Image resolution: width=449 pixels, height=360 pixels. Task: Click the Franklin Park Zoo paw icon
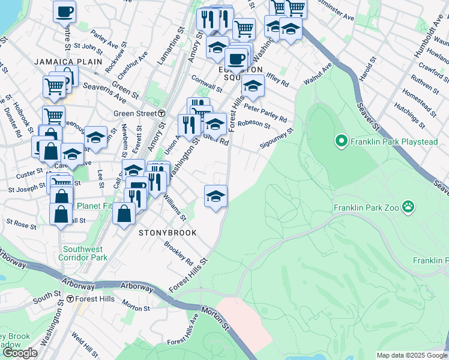point(408,207)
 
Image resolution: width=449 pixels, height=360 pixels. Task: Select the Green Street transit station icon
point(161,113)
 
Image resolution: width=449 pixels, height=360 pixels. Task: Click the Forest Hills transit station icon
point(70,298)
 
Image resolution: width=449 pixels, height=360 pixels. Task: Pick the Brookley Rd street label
point(178,254)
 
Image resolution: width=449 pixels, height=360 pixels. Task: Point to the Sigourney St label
point(276,137)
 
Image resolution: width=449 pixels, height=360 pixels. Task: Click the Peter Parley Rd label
point(265,111)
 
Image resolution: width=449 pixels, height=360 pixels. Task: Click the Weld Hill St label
point(85,344)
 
